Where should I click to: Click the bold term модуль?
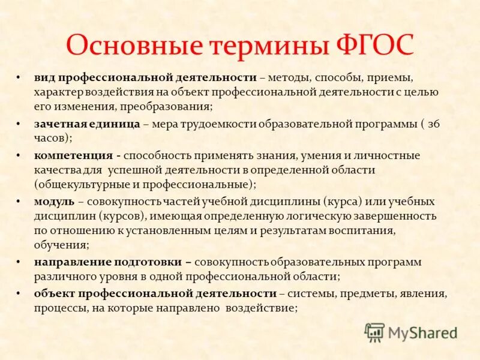tap(55, 201)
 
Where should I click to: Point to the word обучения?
tap(61, 244)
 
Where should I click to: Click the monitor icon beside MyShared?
tap(374, 332)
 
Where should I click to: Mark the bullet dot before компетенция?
tap(19, 155)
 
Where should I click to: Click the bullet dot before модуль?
tap(19, 201)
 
